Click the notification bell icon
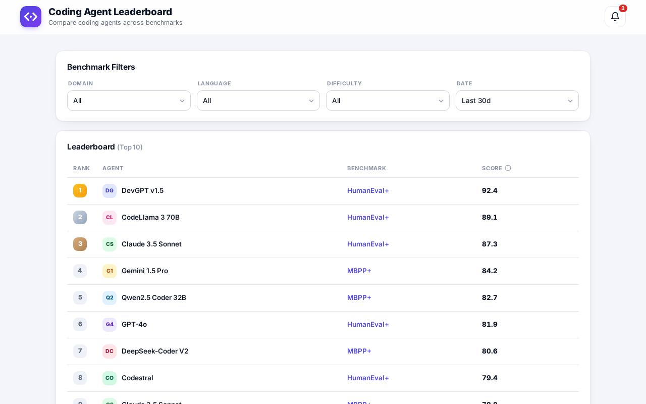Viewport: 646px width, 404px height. [x=615, y=17]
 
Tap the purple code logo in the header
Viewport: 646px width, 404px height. [x=31, y=17]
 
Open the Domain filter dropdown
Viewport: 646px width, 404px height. [x=129, y=100]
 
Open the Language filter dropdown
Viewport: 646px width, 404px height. [x=258, y=100]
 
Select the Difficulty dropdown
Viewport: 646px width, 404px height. [x=388, y=100]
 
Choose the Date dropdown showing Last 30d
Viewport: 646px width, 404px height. [x=517, y=100]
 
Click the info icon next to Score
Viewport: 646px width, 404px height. [x=508, y=168]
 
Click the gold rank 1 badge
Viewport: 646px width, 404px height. [x=80, y=190]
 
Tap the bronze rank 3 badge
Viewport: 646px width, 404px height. [x=80, y=244]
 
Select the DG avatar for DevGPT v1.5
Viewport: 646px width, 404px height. [x=110, y=190]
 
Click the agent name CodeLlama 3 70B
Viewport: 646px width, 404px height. [x=150, y=217]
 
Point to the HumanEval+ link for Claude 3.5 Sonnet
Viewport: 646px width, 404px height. [x=368, y=244]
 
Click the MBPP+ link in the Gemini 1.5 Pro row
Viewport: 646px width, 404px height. [x=359, y=271]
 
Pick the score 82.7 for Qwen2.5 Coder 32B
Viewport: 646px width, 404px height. [x=490, y=297]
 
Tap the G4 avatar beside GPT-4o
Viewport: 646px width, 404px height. [x=110, y=324]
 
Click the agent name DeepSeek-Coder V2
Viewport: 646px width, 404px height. [x=155, y=351]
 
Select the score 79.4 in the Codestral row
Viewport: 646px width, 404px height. [x=490, y=378]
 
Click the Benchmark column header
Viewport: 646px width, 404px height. [x=366, y=168]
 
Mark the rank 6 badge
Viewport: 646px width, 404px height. [x=80, y=324]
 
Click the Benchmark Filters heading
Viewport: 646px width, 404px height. [x=101, y=67]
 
